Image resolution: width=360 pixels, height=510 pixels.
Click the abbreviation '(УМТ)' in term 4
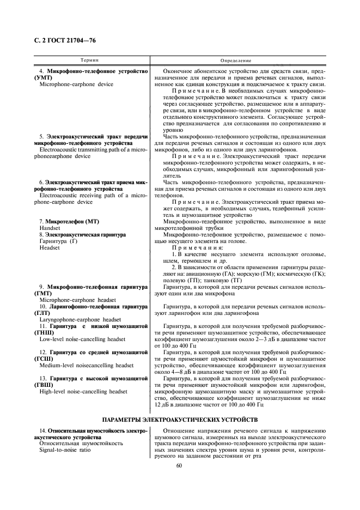click(x=43, y=78)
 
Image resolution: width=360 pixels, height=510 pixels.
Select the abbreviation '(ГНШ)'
click(x=44, y=332)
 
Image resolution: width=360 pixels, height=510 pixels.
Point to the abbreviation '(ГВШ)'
click(x=44, y=384)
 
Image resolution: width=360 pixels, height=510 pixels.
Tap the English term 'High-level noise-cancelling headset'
click(x=83, y=391)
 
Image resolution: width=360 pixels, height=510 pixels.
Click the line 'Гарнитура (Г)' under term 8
click(x=59, y=241)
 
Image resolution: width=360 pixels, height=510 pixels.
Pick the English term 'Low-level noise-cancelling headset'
click(x=82, y=338)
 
